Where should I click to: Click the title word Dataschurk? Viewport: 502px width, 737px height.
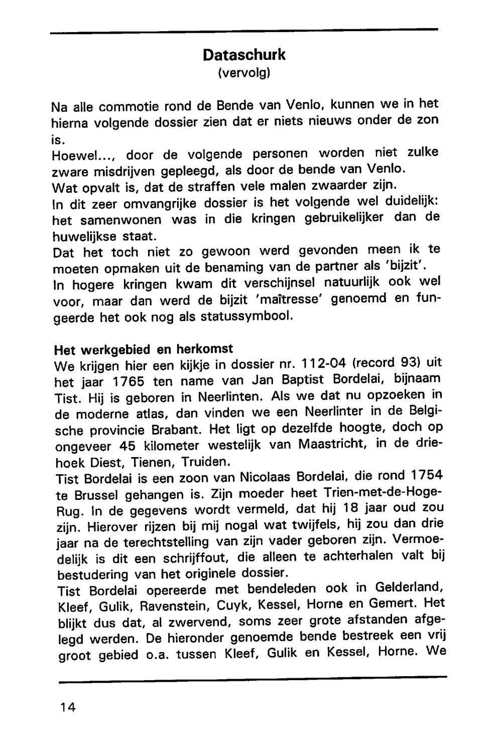pyautogui.click(x=244, y=55)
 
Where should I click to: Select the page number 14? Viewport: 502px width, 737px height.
pyautogui.click(x=67, y=707)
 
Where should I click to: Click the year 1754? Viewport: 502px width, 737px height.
pyautogui.click(x=427, y=475)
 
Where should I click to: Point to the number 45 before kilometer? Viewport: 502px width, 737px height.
pyautogui.click(x=129, y=446)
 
